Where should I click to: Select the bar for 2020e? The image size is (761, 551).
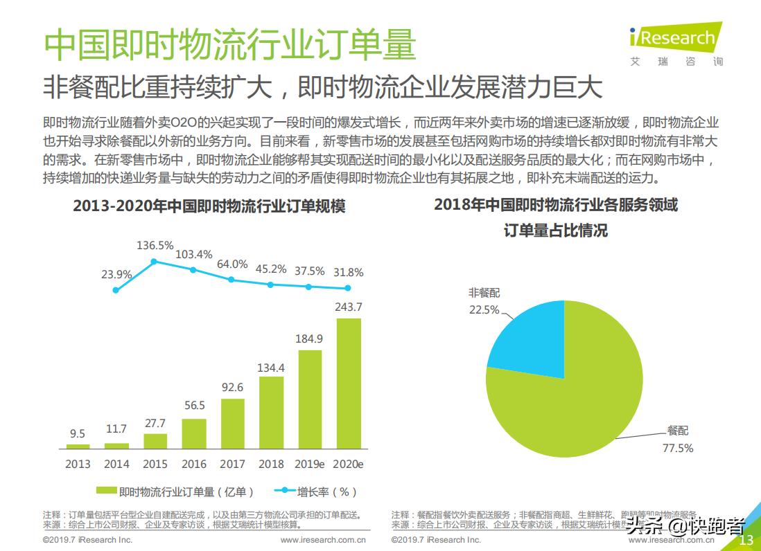pos(349,383)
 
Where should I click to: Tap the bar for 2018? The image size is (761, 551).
pos(271,413)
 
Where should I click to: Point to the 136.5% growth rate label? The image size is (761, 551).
pos(155,245)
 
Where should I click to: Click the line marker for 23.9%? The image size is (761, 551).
pos(116,290)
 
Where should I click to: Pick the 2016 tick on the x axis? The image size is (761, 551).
pos(193,464)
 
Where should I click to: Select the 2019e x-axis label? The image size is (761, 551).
pos(310,464)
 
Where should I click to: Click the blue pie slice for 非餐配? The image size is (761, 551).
pos(530,332)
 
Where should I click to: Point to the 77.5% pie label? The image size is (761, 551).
pos(677,448)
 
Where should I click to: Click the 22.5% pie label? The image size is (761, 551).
pos(484,309)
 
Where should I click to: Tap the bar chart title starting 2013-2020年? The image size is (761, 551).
pos(209,206)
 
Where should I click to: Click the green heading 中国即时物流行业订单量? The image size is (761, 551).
pos(229,45)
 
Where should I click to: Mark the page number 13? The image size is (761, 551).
pos(747,540)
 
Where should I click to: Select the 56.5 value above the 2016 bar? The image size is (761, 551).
pos(193,406)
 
